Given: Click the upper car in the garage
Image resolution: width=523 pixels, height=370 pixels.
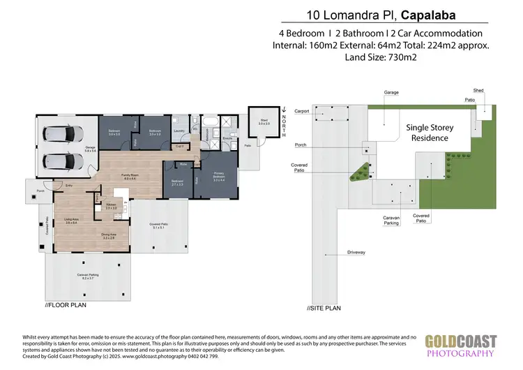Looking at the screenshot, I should [63, 133].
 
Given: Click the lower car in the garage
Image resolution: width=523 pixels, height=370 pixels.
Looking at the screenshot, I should [63, 160].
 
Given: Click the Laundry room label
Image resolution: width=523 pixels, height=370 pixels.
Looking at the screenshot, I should [179, 131].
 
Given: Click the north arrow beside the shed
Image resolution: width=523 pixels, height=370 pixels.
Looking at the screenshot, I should [285, 111].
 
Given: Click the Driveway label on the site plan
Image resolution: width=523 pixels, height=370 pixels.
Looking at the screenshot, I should [356, 252].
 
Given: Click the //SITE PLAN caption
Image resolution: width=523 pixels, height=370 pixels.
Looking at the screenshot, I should [324, 308].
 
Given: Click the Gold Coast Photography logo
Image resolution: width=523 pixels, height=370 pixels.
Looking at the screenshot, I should [461, 346].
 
